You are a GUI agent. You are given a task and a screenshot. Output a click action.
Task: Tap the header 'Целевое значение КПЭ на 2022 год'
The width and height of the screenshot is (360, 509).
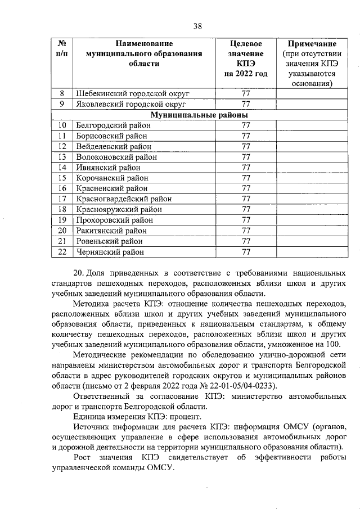click(x=245, y=58)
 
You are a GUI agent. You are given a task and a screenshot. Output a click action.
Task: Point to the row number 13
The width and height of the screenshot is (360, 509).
click(x=62, y=156)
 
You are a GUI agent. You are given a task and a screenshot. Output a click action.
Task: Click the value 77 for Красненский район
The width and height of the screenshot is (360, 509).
click(x=245, y=188)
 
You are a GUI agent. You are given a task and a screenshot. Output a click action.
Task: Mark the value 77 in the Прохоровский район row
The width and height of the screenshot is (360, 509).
click(x=245, y=220)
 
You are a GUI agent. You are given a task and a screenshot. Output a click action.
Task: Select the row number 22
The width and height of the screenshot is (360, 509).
click(x=62, y=251)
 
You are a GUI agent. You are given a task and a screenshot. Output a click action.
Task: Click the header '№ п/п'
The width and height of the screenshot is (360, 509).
click(x=62, y=48)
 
